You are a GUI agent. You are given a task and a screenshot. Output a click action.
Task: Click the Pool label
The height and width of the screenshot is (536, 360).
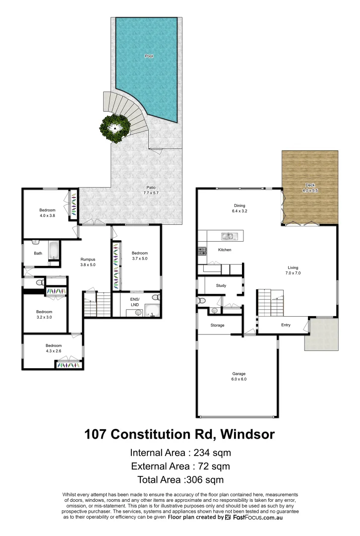(x=149, y=56)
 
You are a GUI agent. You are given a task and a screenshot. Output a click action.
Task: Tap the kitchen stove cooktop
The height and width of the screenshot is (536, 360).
(x=202, y=251)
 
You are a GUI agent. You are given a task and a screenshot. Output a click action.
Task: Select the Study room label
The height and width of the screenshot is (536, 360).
(x=221, y=286)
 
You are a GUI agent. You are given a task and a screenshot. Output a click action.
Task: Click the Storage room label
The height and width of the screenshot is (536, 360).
(x=218, y=326)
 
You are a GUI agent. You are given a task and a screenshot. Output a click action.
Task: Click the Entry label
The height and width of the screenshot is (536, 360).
(x=286, y=326)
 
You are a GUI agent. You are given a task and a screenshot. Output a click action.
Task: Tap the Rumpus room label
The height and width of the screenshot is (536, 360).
(x=88, y=262)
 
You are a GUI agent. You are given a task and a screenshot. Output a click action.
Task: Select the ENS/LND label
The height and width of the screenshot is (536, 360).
(x=134, y=301)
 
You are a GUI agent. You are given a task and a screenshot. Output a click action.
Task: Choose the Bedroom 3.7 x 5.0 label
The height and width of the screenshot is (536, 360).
(x=140, y=256)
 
